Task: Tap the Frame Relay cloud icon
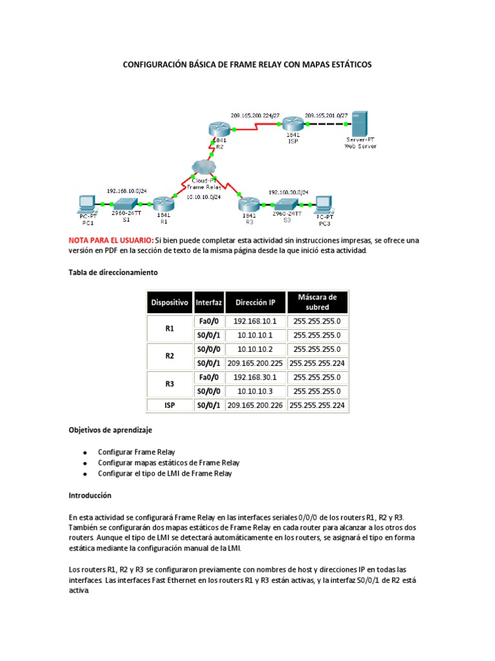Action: coord(203,167)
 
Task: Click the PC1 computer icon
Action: coord(86,204)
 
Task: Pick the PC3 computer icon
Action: coord(322,204)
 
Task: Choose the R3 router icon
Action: coord(247,205)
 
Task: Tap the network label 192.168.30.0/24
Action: coord(288,192)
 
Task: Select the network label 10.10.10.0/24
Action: coord(203,196)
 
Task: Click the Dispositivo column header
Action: coord(170,302)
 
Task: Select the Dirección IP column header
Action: coord(255,302)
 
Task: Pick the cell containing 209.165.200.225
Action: coord(255,363)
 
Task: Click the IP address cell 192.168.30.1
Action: coord(255,378)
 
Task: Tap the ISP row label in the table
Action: coord(170,406)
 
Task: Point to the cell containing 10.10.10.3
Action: coord(255,392)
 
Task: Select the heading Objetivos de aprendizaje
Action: coord(110,429)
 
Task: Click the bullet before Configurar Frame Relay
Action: coord(84,452)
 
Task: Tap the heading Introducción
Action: coord(90,496)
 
